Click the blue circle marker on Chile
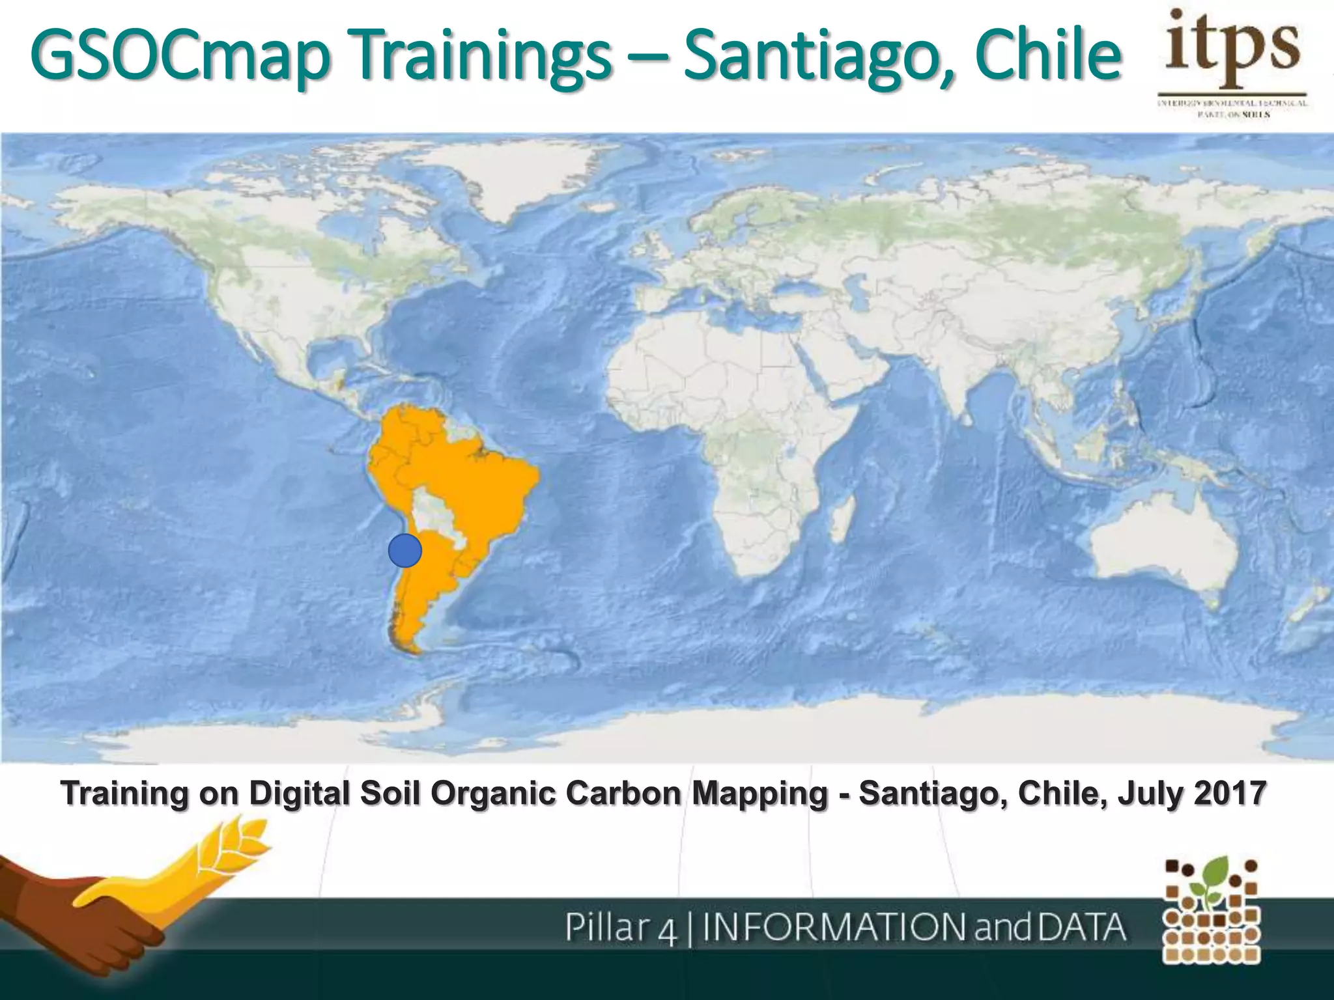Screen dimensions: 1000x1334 404,551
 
